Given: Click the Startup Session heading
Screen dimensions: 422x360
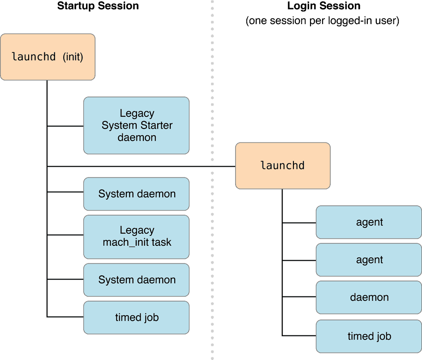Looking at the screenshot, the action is tap(98, 6).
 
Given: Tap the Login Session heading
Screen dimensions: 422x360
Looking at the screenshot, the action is tap(324, 6).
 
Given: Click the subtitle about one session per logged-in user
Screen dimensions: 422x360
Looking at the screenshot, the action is tap(323, 21).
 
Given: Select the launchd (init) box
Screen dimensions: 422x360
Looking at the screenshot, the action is tap(47, 57).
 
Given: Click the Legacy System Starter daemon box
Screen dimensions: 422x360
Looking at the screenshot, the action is tap(137, 125).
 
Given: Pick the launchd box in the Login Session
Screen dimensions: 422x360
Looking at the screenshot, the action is tap(283, 166).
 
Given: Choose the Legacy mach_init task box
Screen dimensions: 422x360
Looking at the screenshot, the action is tap(137, 237).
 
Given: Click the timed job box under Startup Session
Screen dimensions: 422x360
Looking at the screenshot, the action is tap(137, 317).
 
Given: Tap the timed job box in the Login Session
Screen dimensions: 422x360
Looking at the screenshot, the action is tap(369, 336).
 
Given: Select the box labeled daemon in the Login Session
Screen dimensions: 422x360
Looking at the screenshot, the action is tap(369, 297).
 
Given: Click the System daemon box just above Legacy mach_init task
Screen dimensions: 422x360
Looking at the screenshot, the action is tap(137, 194).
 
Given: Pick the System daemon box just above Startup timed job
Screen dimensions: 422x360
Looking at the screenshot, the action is tap(137, 280).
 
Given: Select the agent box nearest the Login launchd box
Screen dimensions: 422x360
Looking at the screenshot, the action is tap(369, 222).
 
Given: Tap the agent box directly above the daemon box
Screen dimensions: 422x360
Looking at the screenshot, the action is tap(369, 260).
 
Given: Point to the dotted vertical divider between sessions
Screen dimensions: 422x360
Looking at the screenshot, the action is tap(212, 180).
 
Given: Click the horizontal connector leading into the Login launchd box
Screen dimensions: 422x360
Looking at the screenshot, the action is tap(141, 167).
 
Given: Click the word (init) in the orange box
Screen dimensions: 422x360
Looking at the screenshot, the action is tap(73, 57).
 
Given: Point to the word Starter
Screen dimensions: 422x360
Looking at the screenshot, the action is tap(156, 125).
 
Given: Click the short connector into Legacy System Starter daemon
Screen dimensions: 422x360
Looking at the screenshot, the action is tap(65, 126).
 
